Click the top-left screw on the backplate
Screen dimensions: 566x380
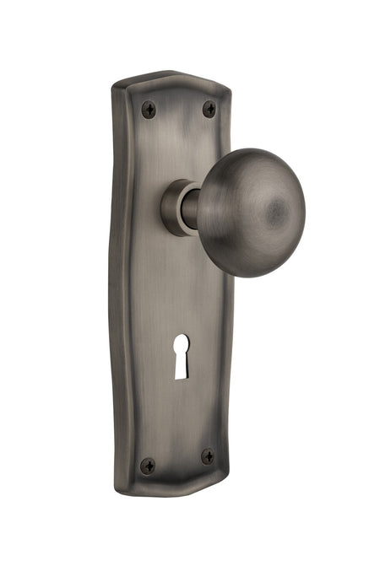click(x=149, y=108)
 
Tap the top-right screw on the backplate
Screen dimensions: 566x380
click(x=209, y=109)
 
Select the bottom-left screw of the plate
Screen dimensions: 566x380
click(x=148, y=465)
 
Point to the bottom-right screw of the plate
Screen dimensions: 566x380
click(x=207, y=456)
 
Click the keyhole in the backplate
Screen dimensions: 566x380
click(x=182, y=355)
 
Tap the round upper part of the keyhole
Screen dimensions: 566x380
click(x=182, y=344)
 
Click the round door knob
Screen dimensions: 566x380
click(x=250, y=212)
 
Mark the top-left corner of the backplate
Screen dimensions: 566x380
click(x=117, y=85)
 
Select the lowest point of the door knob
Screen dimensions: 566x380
click(x=250, y=278)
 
